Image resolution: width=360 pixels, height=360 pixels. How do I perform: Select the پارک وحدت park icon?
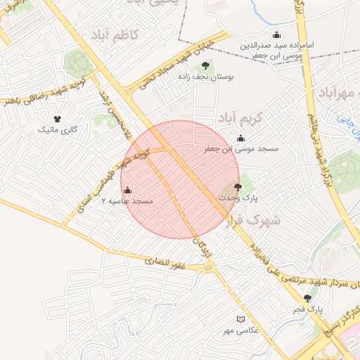pos(237,187)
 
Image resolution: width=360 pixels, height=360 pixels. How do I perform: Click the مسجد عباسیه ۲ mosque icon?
pos(127,190)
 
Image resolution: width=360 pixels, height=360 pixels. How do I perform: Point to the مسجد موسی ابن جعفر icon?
pos(241,138)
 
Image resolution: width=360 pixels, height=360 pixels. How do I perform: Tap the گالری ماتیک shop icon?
pos(57,119)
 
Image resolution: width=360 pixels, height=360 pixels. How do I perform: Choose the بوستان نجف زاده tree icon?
pos(205,65)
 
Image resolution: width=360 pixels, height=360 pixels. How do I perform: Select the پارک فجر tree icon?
pos(307,298)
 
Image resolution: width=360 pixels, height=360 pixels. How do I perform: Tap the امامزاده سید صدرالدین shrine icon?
pos(276,35)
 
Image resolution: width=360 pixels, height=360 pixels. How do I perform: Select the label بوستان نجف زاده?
pos(205,77)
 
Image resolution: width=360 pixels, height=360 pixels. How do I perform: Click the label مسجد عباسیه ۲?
pos(128,201)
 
